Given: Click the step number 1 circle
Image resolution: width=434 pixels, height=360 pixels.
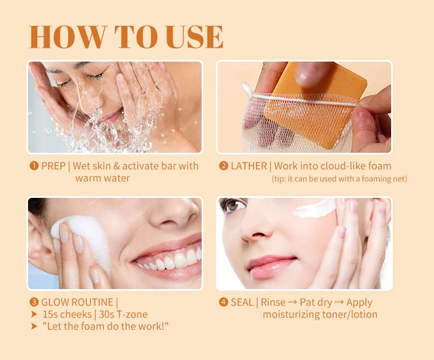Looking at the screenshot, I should [x=34, y=166].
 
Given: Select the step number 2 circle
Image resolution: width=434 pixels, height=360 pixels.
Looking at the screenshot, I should [x=224, y=166].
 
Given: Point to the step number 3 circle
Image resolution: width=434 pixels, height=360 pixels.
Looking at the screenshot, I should [x=34, y=302].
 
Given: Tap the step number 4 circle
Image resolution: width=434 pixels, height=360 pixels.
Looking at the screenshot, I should [x=224, y=302].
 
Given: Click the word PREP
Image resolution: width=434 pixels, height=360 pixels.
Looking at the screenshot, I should [x=53, y=166].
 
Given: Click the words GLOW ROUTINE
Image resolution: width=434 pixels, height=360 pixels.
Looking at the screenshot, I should [x=77, y=302].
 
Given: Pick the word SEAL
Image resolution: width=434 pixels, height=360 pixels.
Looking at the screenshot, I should [x=242, y=302].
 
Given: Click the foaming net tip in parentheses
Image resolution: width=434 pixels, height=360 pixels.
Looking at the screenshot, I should [x=339, y=179].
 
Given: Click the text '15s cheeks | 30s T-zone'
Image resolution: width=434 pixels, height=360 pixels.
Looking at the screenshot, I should [x=94, y=314].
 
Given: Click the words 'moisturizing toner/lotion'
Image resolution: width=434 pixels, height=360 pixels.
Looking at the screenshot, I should [x=320, y=314].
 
